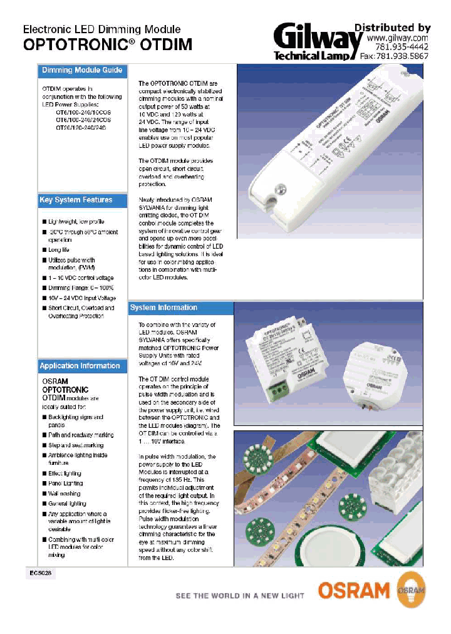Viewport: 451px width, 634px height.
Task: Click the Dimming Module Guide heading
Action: pyautogui.click(x=81, y=70)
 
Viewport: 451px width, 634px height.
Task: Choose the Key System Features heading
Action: pyautogui.click(x=76, y=200)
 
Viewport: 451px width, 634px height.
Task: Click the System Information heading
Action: pyautogui.click(x=163, y=308)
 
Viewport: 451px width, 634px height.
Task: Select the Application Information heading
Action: pyautogui.click(x=80, y=366)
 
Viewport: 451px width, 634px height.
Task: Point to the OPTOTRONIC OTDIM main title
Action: pyautogui.click(x=107, y=44)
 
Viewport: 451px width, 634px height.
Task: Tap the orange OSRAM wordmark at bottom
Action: pyautogui.click(x=354, y=590)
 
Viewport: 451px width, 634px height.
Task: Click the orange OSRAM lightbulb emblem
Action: pyautogui.click(x=411, y=590)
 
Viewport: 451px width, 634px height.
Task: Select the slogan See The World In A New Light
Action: pyautogui.click(x=240, y=595)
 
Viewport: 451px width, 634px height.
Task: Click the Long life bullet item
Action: pyautogui.click(x=59, y=250)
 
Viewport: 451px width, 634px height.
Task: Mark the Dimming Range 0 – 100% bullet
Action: pyautogui.click(x=76, y=288)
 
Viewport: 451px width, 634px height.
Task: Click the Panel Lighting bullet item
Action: pyautogui.click(x=65, y=484)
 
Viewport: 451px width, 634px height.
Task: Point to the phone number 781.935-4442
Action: pyautogui.click(x=402, y=47)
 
